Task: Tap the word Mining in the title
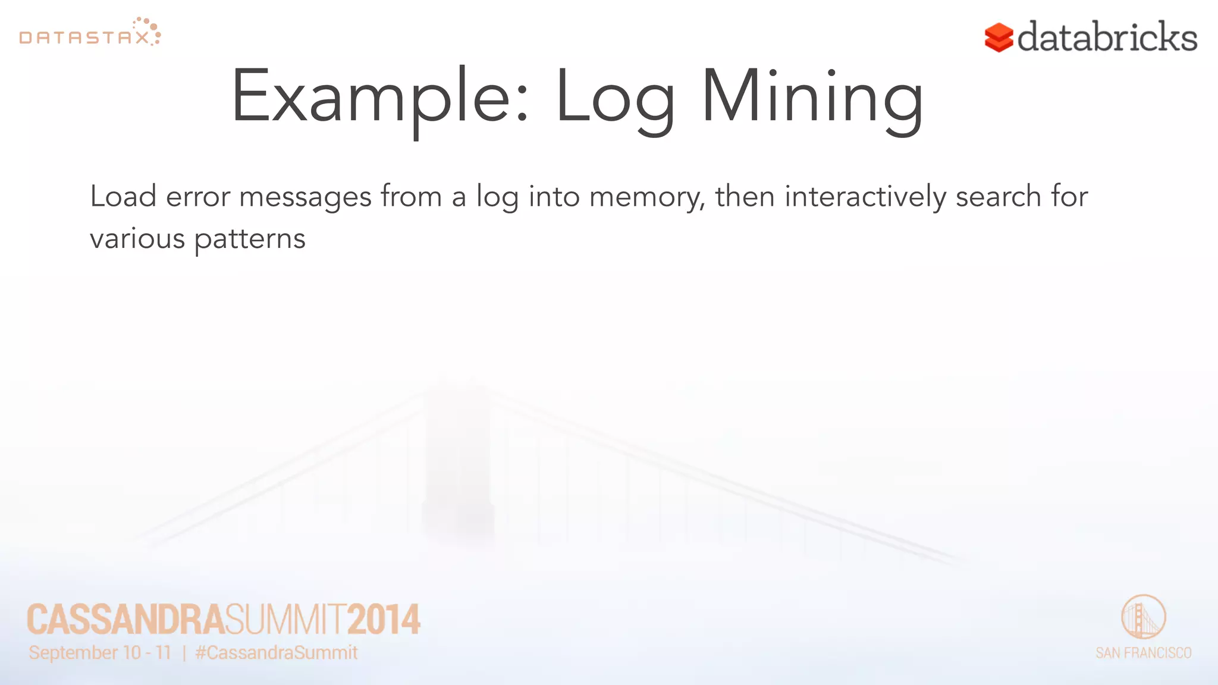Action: (x=812, y=97)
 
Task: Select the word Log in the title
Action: (x=615, y=97)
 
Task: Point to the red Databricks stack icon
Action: (x=999, y=37)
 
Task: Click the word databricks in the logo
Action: (x=1107, y=37)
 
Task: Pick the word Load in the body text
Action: (x=123, y=196)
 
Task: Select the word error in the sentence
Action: (x=197, y=196)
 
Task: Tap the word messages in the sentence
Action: (x=305, y=197)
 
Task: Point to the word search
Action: (x=998, y=196)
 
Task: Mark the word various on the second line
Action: (x=137, y=239)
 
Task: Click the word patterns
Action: (x=250, y=239)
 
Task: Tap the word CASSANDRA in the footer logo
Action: (x=125, y=620)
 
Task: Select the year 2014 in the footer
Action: (x=384, y=620)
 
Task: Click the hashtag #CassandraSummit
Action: (x=277, y=653)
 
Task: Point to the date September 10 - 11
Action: (x=100, y=653)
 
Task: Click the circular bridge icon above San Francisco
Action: (x=1143, y=617)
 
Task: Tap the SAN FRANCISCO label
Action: (x=1143, y=653)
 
